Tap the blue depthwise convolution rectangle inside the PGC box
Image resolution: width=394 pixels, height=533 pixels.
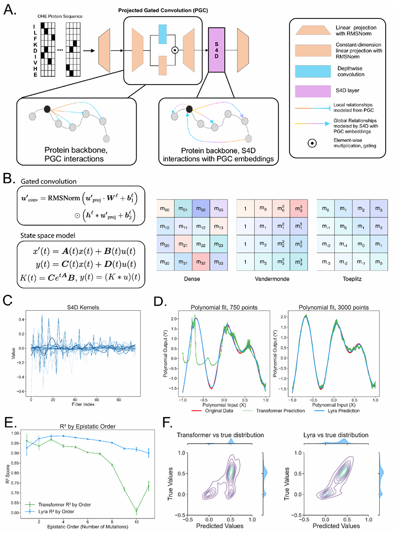163,33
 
